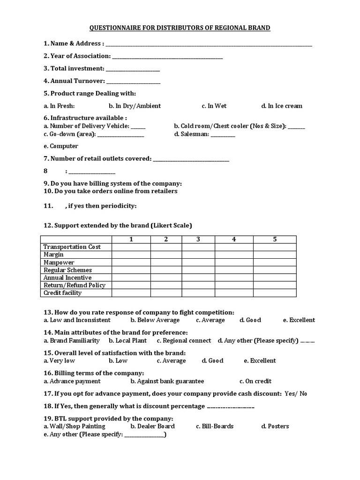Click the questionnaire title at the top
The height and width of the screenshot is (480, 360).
click(x=180, y=28)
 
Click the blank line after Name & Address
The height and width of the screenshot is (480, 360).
click(x=209, y=45)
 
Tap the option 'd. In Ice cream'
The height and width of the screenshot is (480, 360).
click(x=282, y=106)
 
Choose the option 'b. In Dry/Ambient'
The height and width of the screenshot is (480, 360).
click(x=135, y=106)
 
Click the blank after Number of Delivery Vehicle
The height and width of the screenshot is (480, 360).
click(x=138, y=127)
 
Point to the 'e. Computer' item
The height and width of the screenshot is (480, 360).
click(x=61, y=146)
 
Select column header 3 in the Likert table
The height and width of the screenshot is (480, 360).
click(x=198, y=240)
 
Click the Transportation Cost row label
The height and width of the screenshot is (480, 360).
click(x=72, y=247)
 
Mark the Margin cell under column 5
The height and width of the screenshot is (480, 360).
click(x=275, y=255)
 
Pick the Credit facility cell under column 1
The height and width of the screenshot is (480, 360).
click(x=131, y=293)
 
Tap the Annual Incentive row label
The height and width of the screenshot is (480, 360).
click(x=67, y=277)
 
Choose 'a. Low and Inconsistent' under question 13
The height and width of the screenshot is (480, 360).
click(x=77, y=320)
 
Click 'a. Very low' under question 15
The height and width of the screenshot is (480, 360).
click(x=59, y=361)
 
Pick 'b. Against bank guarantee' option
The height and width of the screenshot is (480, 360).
click(x=167, y=382)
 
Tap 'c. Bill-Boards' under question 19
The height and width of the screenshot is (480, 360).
click(x=215, y=427)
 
